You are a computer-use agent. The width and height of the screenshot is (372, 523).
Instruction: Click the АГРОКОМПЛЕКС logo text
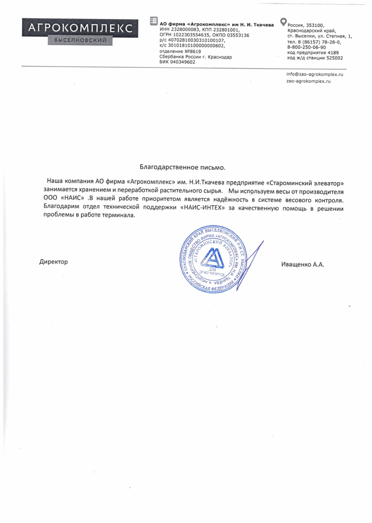[80, 28]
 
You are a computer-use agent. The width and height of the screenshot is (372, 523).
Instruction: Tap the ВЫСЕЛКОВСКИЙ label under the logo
[80, 41]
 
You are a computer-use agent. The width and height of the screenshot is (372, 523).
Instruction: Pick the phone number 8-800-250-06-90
[306, 47]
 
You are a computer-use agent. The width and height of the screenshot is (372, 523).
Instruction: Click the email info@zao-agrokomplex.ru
[314, 74]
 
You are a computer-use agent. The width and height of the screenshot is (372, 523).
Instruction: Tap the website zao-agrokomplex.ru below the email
[308, 81]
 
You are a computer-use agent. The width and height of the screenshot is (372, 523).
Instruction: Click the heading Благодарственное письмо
[182, 167]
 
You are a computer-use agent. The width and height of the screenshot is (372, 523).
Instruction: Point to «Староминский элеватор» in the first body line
[305, 182]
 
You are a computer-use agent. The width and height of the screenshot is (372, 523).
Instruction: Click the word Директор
[54, 262]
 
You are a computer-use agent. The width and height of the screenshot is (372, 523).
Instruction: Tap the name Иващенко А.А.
[302, 265]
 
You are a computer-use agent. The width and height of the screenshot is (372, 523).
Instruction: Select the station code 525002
[333, 58]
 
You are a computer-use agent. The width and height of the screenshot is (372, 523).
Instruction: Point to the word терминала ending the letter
[119, 216]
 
